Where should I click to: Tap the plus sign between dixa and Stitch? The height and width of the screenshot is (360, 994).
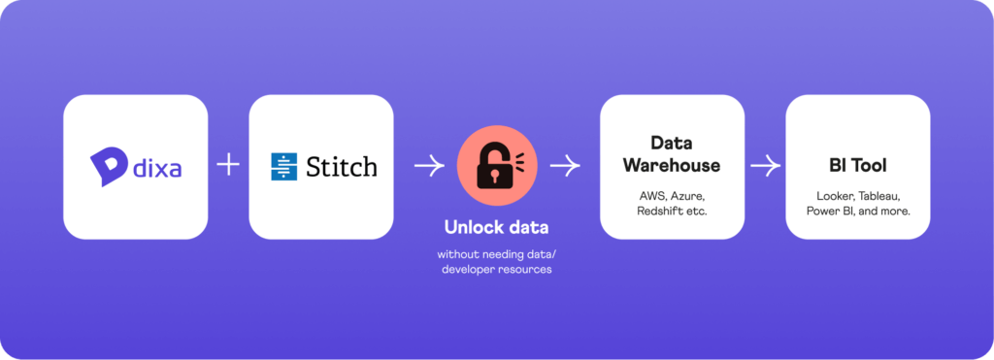click(228, 166)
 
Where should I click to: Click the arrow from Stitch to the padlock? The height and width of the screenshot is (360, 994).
click(428, 167)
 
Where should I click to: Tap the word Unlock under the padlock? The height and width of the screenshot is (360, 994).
click(472, 228)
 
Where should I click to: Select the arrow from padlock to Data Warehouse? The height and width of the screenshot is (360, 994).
click(564, 167)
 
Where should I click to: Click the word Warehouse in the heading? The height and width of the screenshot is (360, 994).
click(672, 165)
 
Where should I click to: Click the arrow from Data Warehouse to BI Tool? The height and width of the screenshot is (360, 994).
click(765, 167)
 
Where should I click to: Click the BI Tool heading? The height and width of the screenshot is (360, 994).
click(857, 166)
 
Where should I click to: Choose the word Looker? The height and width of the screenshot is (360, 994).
click(831, 195)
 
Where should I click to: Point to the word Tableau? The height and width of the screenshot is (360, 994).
click(879, 195)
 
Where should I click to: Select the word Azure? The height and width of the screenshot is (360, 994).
click(685, 195)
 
